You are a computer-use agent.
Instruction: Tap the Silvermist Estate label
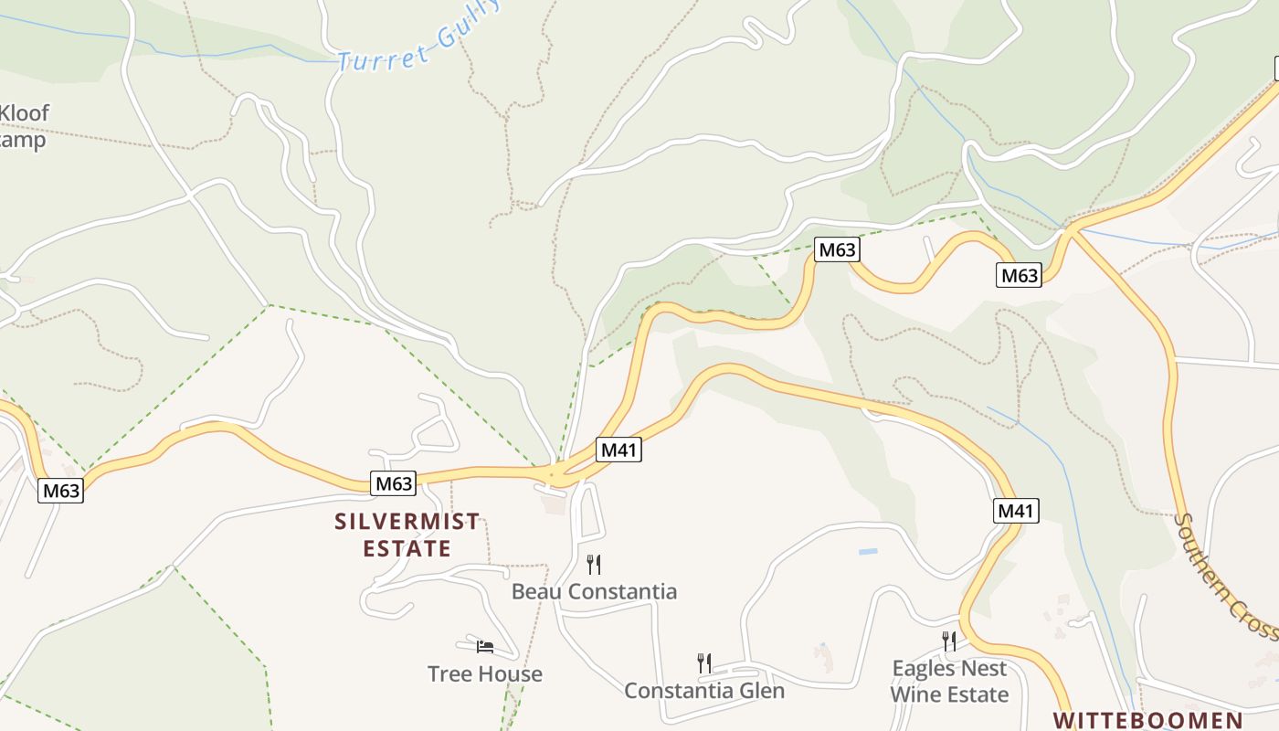pyautogui.click(x=407, y=535)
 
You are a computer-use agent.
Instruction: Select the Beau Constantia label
pyautogui.click(x=594, y=591)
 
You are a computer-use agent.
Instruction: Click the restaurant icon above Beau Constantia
pyautogui.click(x=594, y=564)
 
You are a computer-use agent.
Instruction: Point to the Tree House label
pyautogui.click(x=484, y=674)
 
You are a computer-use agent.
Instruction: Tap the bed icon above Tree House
pyautogui.click(x=485, y=647)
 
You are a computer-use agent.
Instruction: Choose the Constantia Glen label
pyautogui.click(x=703, y=690)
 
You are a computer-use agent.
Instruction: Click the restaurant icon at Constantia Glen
pyautogui.click(x=703, y=662)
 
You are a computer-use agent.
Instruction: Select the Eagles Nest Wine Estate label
pyautogui.click(x=949, y=682)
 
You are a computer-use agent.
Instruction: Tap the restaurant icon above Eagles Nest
pyautogui.click(x=949, y=641)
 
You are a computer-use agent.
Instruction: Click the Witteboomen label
pyautogui.click(x=1147, y=720)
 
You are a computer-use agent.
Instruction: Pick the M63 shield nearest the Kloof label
pyautogui.click(x=61, y=491)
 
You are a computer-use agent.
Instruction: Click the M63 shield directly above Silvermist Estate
pyautogui.click(x=394, y=482)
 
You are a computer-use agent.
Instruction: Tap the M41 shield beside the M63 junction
pyautogui.click(x=619, y=450)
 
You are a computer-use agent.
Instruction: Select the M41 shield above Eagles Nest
pyautogui.click(x=1016, y=511)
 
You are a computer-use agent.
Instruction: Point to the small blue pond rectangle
pyautogui.click(x=868, y=552)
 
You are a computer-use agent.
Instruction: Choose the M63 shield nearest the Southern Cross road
pyautogui.click(x=1019, y=275)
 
